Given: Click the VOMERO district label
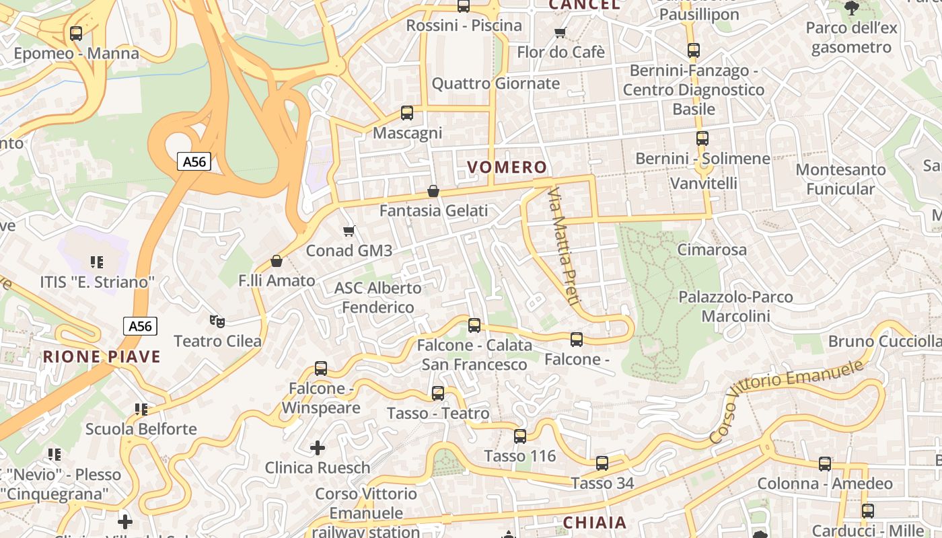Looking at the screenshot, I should point(507,167).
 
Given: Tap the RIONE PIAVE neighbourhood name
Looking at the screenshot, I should point(102,356).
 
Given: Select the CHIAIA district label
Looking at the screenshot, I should point(594,523).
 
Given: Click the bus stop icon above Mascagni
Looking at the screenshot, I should point(407,113).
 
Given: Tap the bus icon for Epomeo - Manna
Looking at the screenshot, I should point(76,33).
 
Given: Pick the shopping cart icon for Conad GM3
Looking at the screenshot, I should point(349,231).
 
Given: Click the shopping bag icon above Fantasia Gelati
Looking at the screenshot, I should point(433,191).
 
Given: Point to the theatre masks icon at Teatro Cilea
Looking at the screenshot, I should point(217,321).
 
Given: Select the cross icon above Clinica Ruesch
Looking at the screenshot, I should point(318,447).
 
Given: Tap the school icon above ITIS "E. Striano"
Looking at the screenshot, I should point(97,262).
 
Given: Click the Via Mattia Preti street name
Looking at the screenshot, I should point(563,247).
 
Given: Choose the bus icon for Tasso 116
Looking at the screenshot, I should point(520,436).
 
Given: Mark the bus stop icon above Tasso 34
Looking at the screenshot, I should point(602,463).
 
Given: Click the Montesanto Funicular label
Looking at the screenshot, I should point(840,179).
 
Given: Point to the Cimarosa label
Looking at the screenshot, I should point(712,249).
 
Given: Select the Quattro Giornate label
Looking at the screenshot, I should point(495,83).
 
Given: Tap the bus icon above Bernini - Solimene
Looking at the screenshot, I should point(702,139).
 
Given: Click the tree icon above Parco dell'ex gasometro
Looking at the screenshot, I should point(852,8).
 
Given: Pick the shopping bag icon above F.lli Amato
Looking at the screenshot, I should point(277,261).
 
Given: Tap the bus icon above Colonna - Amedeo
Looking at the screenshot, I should point(825,463).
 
